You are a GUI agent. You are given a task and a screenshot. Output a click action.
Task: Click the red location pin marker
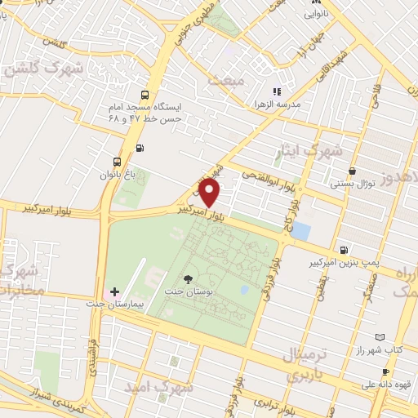coord(211,193)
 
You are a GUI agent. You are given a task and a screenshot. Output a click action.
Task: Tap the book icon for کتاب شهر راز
coord(380,337)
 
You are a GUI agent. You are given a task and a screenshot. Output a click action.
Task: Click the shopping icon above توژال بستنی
coord(352,171)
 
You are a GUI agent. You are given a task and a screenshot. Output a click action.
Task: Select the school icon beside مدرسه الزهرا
coord(276,91)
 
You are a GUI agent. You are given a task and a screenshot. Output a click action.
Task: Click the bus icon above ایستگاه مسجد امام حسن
coord(145,94)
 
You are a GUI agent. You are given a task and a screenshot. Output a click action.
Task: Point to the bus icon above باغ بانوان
coord(117,161)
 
